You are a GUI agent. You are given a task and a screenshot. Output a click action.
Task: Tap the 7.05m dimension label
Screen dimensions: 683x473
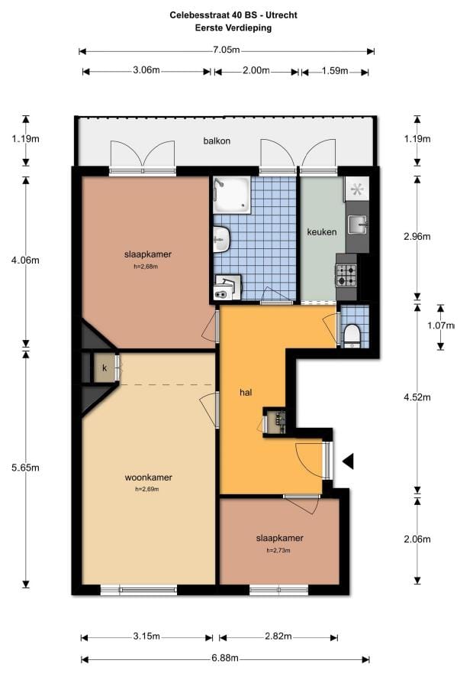coord(226,50)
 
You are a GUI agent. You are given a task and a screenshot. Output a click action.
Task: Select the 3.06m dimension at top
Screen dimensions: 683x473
coord(146,71)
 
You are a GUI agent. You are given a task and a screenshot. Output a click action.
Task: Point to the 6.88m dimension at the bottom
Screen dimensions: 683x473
coord(225,659)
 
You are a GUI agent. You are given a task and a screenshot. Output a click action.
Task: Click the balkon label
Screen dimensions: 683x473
coord(217,141)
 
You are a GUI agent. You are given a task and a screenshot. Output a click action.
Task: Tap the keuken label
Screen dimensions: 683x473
coord(321,231)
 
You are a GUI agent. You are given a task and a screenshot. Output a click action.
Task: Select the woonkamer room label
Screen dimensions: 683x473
coord(148,478)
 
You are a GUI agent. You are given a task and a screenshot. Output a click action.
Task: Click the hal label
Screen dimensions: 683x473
coord(246,393)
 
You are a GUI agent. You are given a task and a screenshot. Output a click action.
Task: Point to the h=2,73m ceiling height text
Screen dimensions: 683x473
coord(279,550)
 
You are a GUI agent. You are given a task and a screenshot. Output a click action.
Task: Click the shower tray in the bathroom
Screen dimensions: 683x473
coord(231,195)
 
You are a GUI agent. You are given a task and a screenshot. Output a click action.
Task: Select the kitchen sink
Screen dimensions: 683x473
coord(356,223)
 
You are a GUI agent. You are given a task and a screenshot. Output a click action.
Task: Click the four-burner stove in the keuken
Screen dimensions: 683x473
coord(346,271)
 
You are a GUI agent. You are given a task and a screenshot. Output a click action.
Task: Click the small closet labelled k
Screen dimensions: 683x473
coord(103,367)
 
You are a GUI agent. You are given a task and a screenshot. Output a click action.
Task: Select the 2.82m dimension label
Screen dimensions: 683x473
coord(279,636)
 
